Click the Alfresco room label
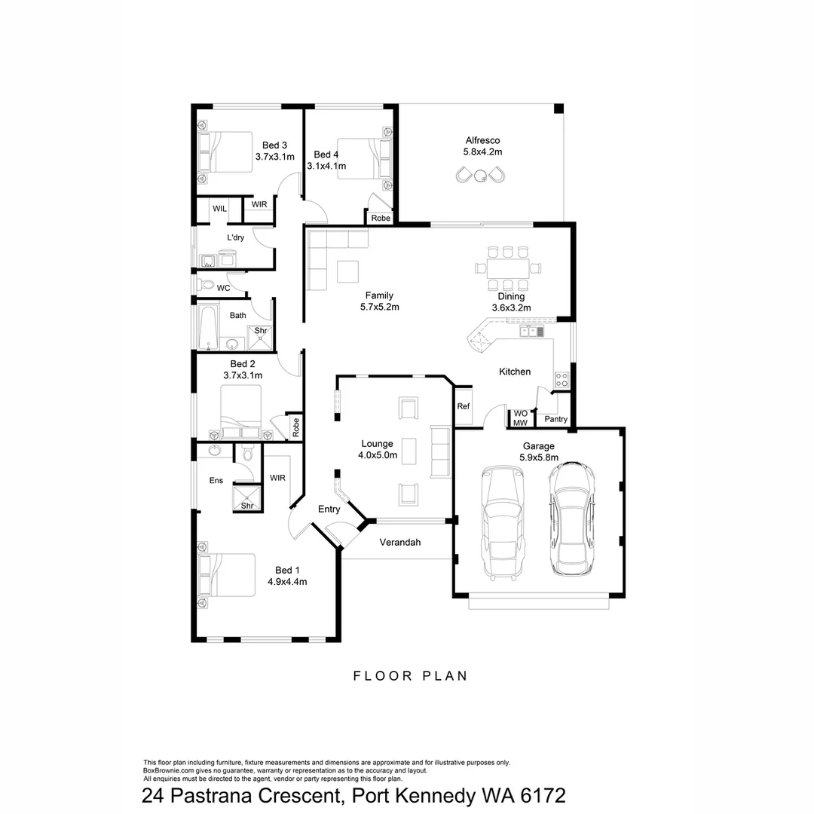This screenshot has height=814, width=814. click(x=482, y=140)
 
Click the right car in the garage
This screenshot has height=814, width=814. click(x=571, y=519)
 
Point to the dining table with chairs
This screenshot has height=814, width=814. click(x=508, y=268)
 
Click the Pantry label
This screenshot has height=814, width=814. click(x=556, y=419)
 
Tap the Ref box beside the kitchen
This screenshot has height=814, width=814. click(x=464, y=407)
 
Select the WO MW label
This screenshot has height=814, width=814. click(x=520, y=418)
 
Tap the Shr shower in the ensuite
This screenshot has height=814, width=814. click(x=247, y=499)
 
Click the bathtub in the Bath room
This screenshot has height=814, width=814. click(x=208, y=326)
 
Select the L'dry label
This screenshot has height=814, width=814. click(x=236, y=237)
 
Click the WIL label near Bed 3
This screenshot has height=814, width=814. click(x=219, y=208)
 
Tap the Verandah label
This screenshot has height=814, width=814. click(x=399, y=542)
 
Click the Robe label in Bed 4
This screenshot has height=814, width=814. click(x=381, y=218)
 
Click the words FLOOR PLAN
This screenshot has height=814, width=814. click(x=411, y=676)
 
